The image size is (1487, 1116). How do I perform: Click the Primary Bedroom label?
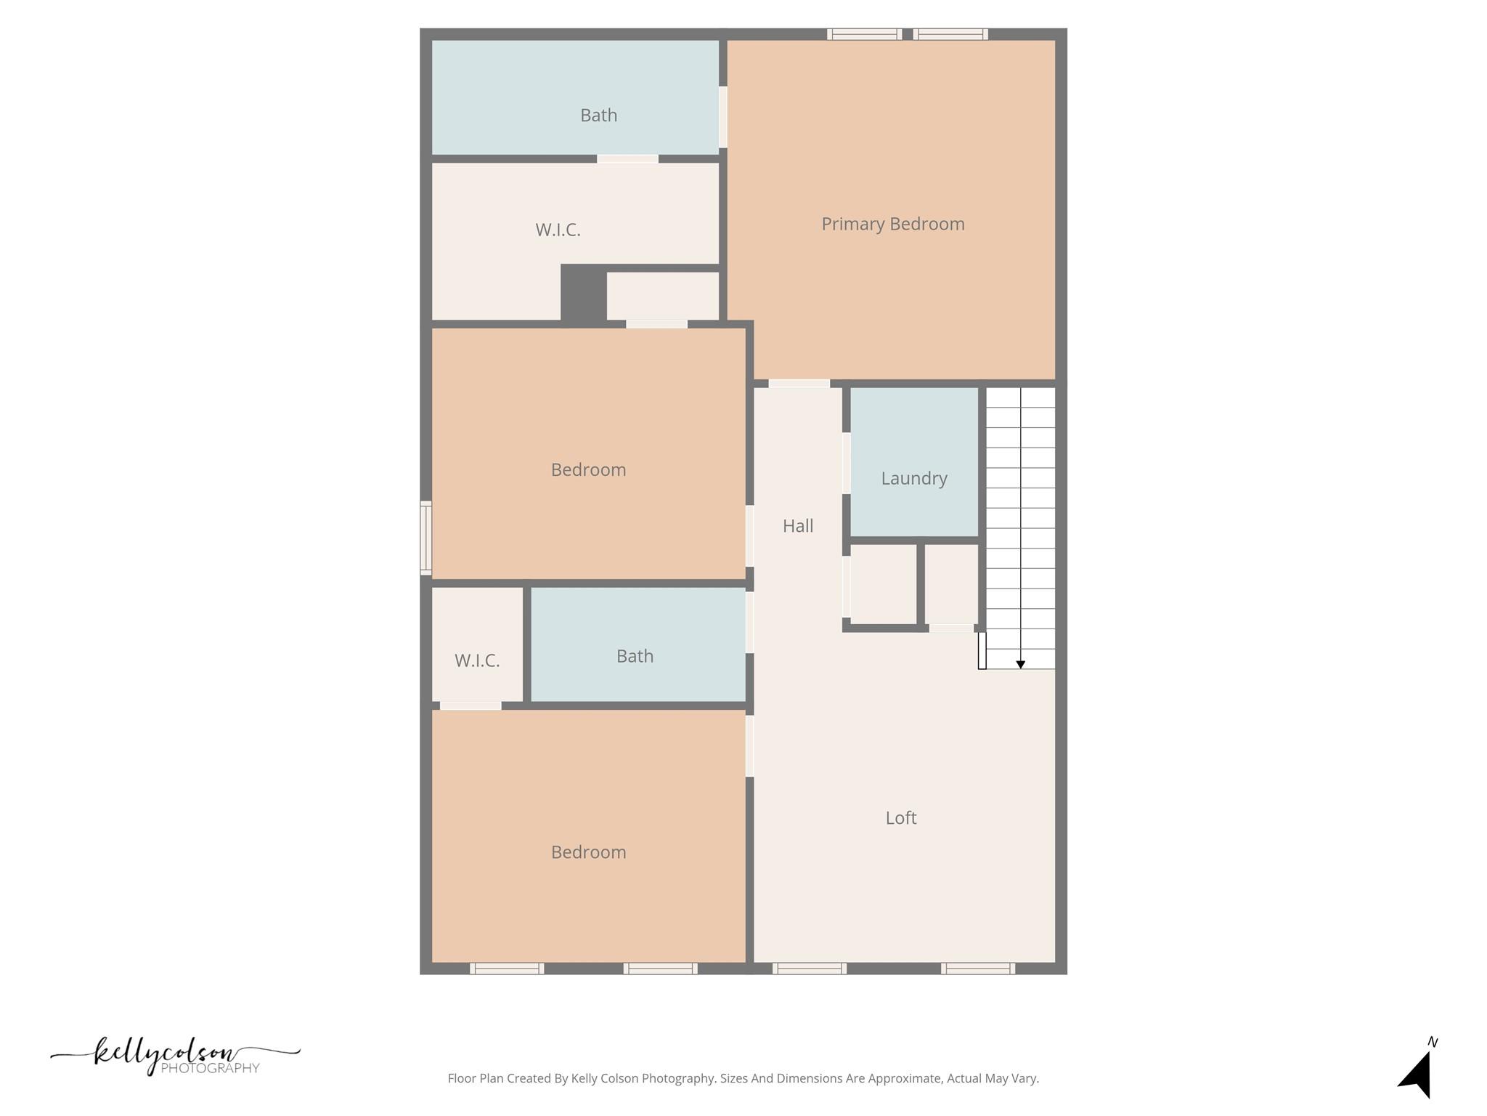(x=892, y=224)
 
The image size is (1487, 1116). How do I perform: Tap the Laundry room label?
(x=913, y=478)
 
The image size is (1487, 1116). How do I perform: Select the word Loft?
(x=900, y=817)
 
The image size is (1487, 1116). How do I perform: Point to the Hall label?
(x=797, y=525)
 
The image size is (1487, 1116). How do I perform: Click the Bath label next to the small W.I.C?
(x=635, y=656)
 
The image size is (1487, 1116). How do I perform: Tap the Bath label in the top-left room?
(x=598, y=115)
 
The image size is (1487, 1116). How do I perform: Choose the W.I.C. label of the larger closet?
(x=558, y=230)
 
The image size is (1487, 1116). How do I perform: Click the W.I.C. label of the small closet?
(x=477, y=660)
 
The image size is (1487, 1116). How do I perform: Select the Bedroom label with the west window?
(x=588, y=469)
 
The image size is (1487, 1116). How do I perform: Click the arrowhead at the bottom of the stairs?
(x=1020, y=664)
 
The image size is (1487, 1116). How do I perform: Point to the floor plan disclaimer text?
(x=743, y=1078)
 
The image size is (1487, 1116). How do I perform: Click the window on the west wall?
(x=426, y=538)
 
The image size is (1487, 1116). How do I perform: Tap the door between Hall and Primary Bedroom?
(x=799, y=383)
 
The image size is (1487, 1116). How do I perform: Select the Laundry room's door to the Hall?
(x=846, y=463)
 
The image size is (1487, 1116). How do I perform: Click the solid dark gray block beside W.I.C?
(x=583, y=294)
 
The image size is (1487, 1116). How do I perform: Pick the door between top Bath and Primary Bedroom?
(x=723, y=117)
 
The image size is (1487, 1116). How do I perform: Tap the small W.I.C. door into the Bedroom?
(x=470, y=705)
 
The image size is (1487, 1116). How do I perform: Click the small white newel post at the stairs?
(x=982, y=650)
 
